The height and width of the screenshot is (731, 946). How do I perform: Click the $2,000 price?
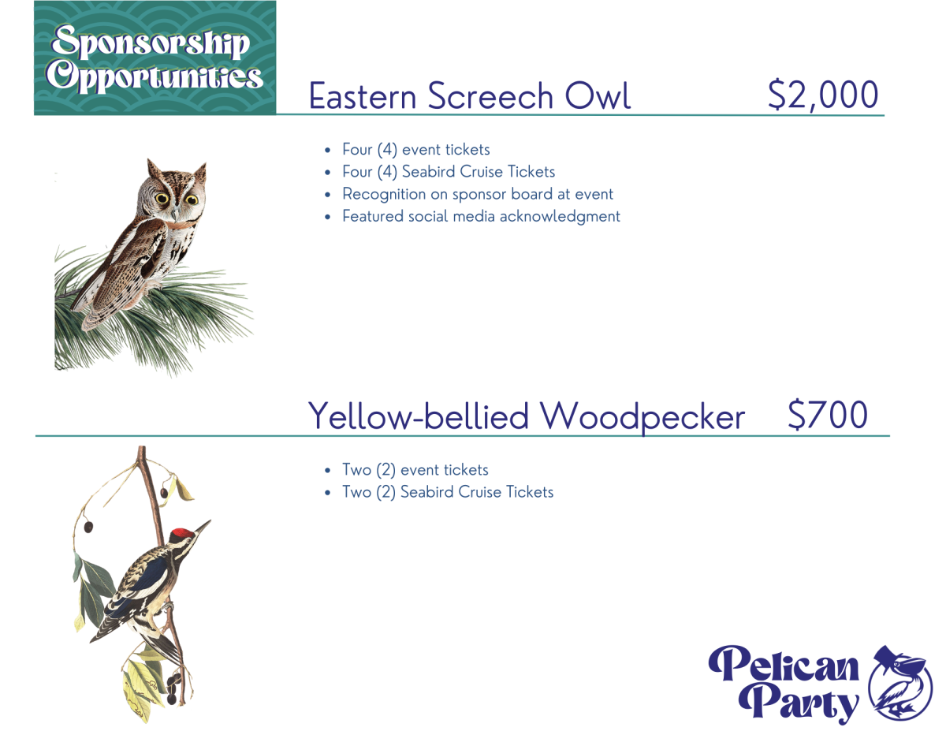(x=823, y=95)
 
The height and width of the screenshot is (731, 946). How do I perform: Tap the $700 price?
(x=828, y=415)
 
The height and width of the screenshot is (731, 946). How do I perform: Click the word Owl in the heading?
(x=598, y=95)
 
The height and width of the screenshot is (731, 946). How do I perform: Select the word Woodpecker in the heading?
(x=642, y=416)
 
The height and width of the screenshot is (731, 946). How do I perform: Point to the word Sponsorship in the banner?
(x=151, y=42)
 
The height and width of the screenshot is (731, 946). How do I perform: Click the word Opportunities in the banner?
(x=155, y=77)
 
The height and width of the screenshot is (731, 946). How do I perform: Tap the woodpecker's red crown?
(x=182, y=534)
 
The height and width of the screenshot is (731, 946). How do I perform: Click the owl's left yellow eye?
(x=162, y=199)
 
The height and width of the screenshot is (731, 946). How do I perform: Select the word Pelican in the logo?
(x=783, y=664)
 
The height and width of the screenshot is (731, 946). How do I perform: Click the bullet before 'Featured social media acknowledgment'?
(x=328, y=217)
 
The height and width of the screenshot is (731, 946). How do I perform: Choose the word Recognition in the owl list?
(x=384, y=195)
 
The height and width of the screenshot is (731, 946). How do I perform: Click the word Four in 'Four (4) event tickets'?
(x=357, y=149)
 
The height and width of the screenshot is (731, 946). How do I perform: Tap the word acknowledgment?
(x=560, y=217)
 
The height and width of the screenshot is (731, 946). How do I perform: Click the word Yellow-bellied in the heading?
(x=419, y=416)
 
